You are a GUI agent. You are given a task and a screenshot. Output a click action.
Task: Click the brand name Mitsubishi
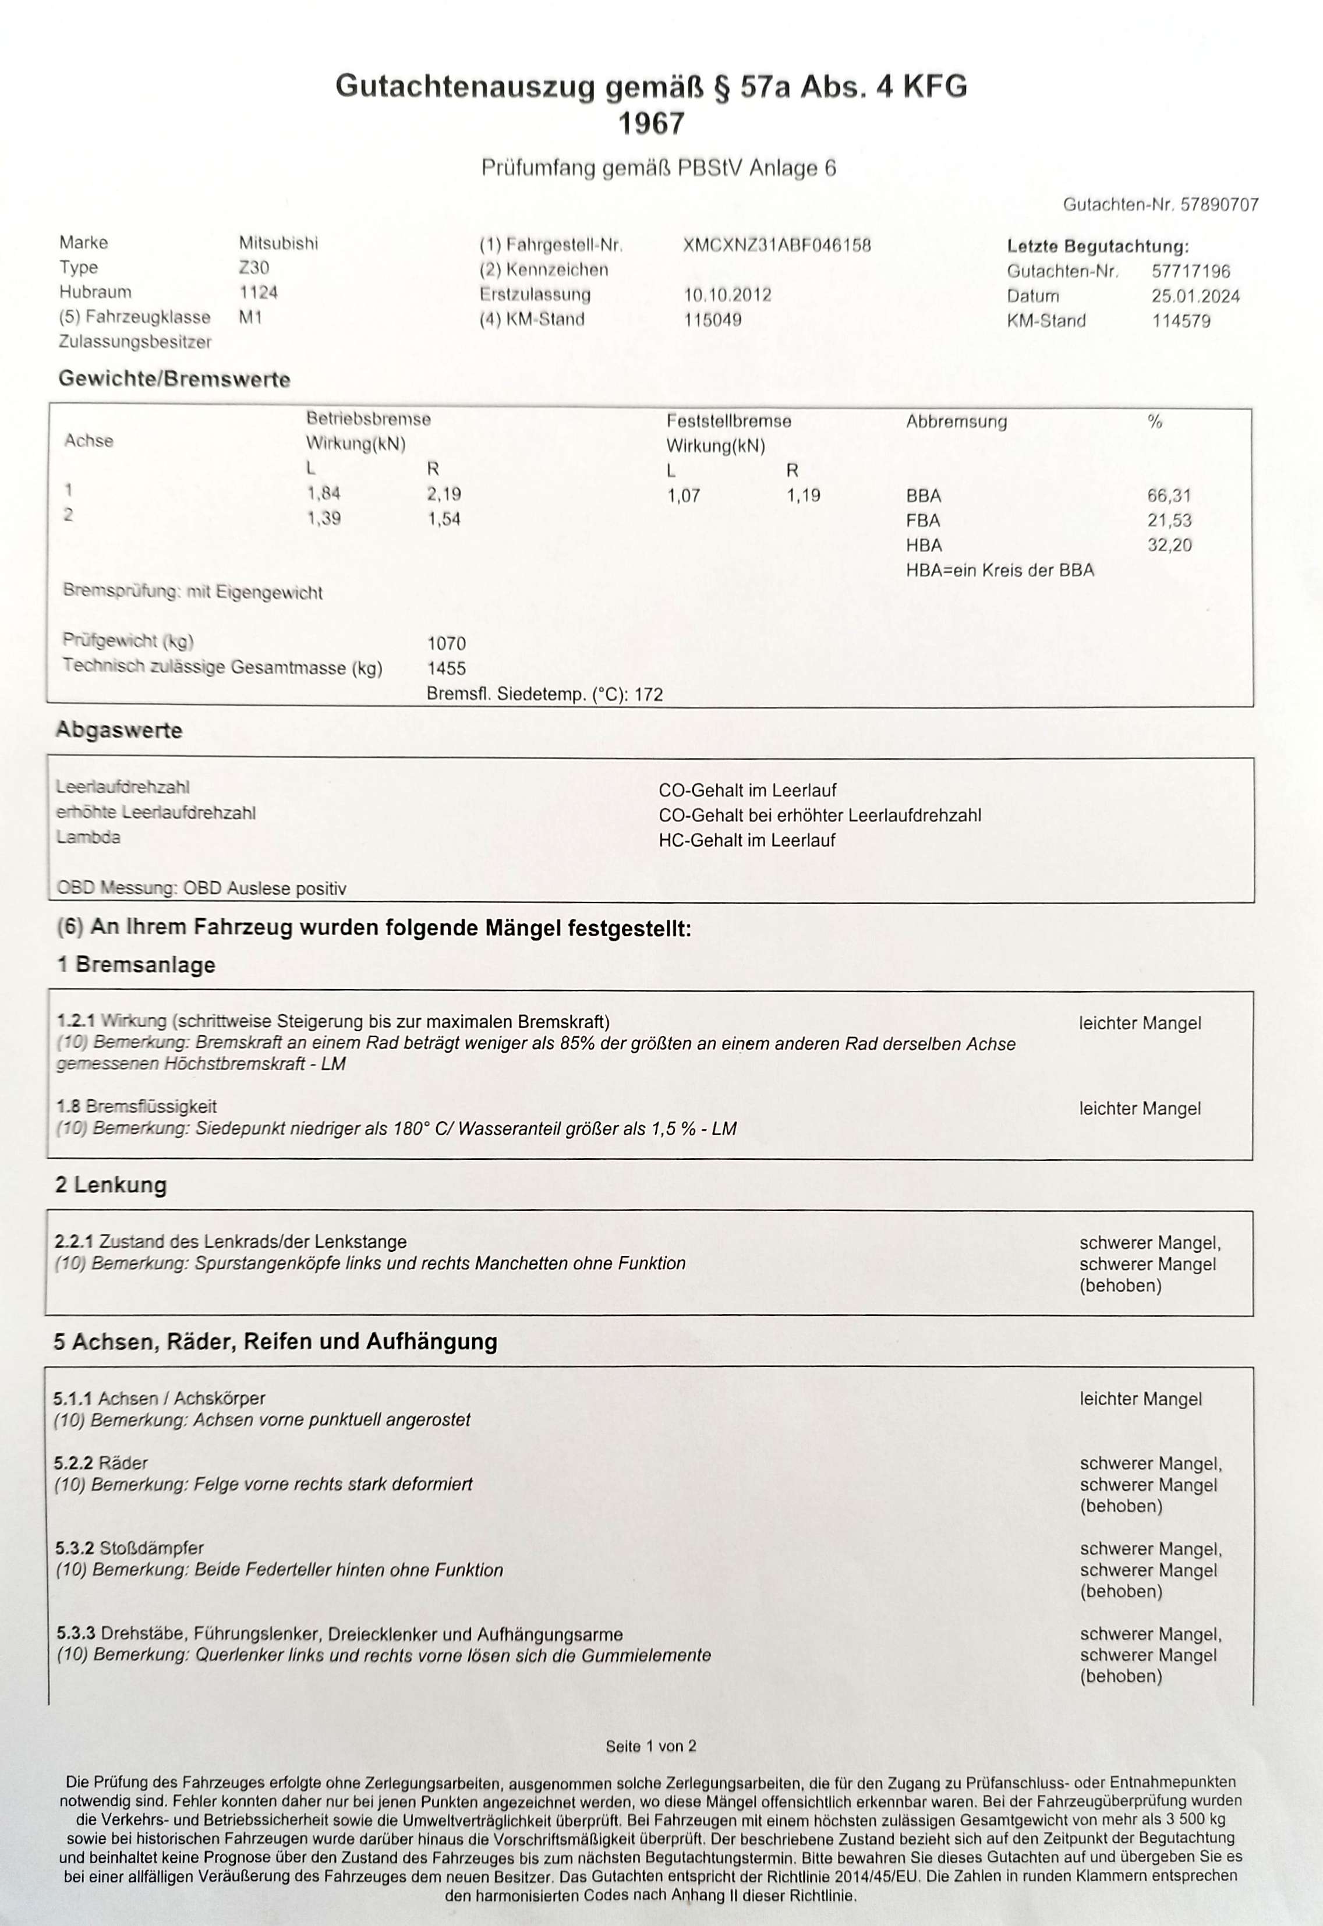pos(278,243)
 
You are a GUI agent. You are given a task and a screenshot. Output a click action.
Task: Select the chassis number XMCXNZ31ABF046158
pos(777,245)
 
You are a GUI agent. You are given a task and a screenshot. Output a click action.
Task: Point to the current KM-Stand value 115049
pos(712,320)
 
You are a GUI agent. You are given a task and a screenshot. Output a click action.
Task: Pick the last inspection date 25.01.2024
pos(1195,296)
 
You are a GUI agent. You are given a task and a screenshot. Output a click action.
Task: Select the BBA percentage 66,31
pos(1169,495)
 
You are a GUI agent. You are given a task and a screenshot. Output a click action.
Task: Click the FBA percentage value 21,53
pos(1169,521)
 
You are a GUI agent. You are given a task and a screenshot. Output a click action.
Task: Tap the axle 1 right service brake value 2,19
pos(444,494)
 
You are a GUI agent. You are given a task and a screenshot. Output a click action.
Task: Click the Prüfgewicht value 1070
pos(446,643)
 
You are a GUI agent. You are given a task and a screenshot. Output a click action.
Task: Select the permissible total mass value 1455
pos(446,668)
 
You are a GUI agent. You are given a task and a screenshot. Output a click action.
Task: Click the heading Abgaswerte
pos(119,730)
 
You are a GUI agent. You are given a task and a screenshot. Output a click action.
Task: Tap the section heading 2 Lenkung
pos(111,1184)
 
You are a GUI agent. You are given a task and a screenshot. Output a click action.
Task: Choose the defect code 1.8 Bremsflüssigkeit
pos(137,1106)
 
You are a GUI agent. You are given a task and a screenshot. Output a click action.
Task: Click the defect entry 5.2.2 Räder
pos(101,1463)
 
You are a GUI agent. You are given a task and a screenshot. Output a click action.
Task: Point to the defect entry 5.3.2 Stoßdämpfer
pos(129,1548)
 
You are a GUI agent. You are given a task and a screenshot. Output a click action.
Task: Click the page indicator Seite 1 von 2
pos(650,1746)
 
